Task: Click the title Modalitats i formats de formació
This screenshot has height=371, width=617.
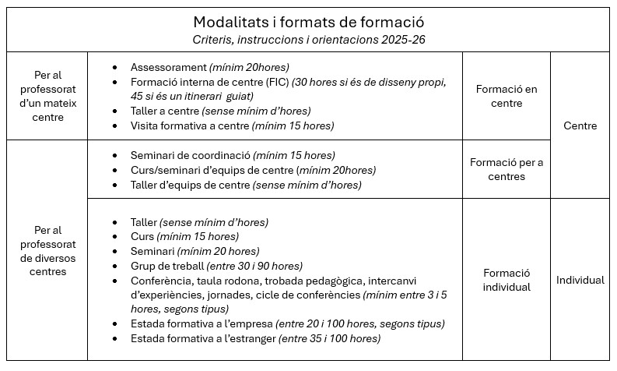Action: point(308,22)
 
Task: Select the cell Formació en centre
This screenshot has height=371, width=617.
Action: point(506,96)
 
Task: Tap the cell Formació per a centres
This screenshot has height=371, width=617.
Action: point(506,169)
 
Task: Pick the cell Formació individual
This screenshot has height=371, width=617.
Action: point(506,280)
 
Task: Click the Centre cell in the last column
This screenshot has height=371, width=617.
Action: point(580,125)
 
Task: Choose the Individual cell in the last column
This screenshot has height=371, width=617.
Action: point(580,280)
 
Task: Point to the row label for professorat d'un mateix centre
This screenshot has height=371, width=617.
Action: point(48,96)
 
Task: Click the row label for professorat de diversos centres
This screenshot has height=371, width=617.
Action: point(48,251)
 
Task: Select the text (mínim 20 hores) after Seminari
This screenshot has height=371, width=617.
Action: point(218,251)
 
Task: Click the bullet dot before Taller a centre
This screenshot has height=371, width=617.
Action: point(116,111)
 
